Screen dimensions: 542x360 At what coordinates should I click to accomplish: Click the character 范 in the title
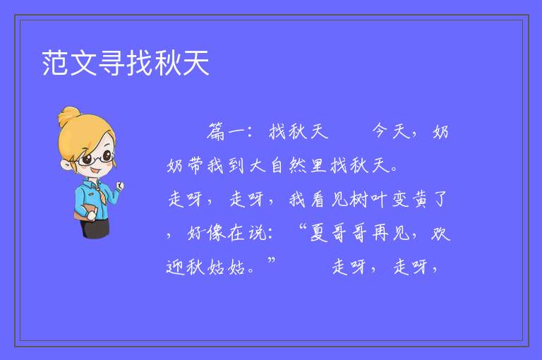point(55,63)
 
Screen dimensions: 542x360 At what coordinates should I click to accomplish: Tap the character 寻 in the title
point(112,63)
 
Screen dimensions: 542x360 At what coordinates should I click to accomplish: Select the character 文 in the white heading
point(83,63)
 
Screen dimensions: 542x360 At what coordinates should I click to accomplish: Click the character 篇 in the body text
point(217,131)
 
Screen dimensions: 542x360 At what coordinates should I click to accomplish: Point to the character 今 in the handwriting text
point(380,131)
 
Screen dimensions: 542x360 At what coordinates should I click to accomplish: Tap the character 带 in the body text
point(195,165)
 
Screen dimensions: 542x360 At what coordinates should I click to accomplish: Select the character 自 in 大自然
point(277,165)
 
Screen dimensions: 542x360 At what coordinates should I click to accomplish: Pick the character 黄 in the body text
point(420,199)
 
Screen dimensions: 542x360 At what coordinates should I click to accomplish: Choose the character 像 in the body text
point(217,233)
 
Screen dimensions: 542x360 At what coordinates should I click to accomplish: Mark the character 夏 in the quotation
point(318,232)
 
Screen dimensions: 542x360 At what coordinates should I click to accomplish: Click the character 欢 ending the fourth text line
point(440,232)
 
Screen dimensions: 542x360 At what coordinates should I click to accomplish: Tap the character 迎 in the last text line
point(175,267)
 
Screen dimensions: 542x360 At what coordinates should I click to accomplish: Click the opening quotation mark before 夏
point(303,227)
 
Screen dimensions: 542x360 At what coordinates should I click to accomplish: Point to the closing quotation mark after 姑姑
point(271,260)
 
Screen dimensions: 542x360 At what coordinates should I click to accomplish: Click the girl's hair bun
point(69,116)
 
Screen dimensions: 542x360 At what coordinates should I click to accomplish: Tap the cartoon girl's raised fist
point(120,186)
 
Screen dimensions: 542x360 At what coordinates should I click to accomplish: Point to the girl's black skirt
point(95,228)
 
